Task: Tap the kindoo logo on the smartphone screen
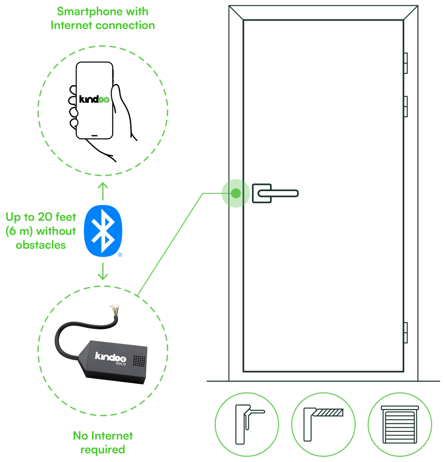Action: click(x=94, y=100)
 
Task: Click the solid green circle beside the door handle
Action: click(x=235, y=193)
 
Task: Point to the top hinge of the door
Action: click(x=406, y=63)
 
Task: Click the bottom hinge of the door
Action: click(x=406, y=332)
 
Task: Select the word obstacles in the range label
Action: click(x=40, y=245)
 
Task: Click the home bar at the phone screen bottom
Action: click(x=94, y=135)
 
